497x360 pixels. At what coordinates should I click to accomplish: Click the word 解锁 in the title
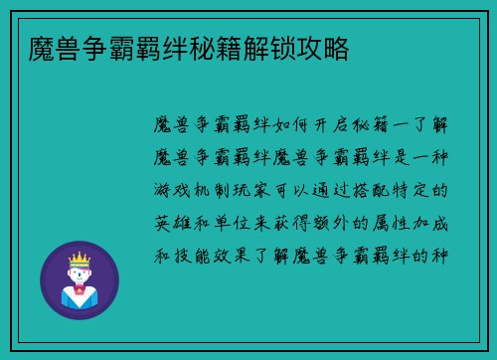pos(283,47)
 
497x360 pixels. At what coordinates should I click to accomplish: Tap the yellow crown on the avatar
pos(79,258)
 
